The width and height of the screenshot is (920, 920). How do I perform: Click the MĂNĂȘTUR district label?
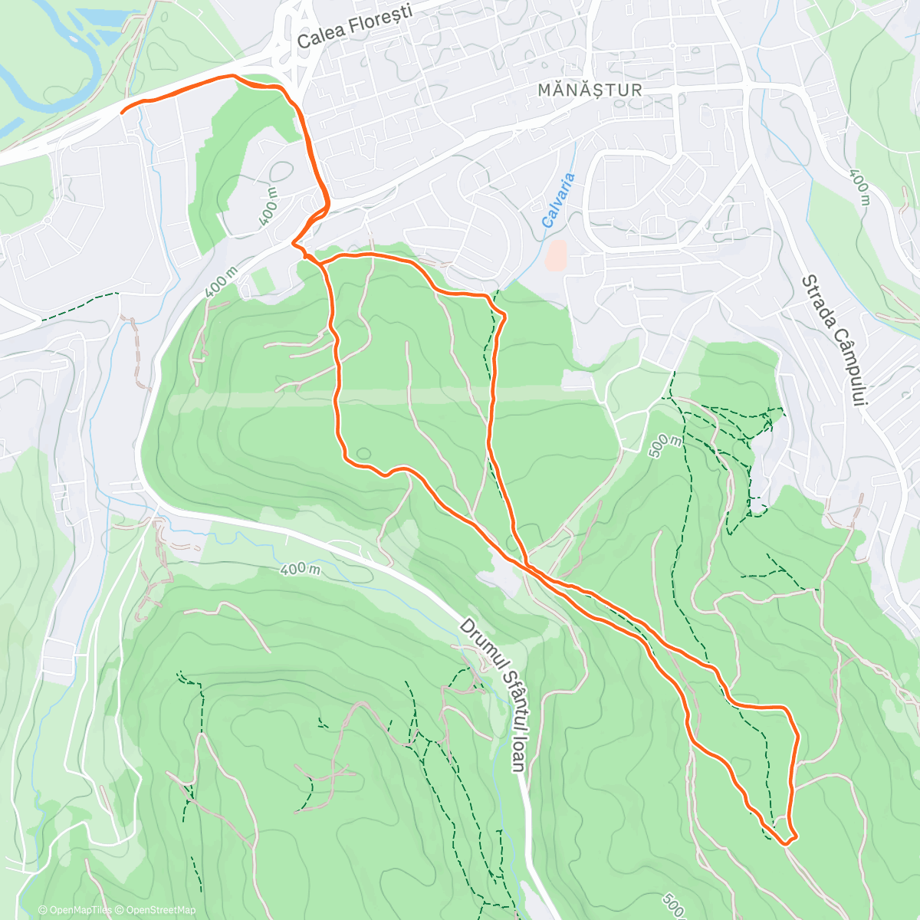click(x=590, y=90)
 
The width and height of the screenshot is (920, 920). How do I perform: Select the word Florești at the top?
click(x=381, y=19)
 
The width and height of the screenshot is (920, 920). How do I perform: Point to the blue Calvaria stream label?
click(x=558, y=200)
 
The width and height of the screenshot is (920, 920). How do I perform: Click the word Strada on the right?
click(x=820, y=302)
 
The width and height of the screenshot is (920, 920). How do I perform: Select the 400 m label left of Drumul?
click(x=300, y=569)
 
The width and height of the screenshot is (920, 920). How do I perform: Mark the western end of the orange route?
click(x=122, y=112)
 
